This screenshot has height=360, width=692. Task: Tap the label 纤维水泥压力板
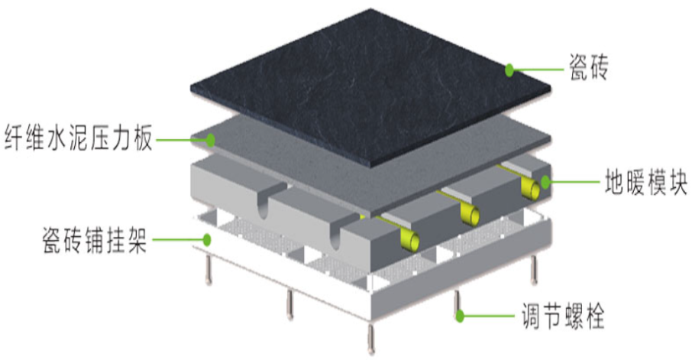[x=79, y=138]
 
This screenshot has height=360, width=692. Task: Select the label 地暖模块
[x=645, y=182]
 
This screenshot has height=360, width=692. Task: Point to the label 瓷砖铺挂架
[x=95, y=240]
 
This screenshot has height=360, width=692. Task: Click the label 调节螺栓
[x=562, y=316]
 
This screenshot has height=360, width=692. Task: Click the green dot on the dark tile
[x=509, y=70]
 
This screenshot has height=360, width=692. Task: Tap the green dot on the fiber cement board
[x=211, y=140]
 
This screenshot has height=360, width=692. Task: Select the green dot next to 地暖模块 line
[x=545, y=182]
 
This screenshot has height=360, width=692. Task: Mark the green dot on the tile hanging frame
[x=206, y=240]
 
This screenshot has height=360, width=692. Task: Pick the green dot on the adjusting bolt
[x=460, y=316]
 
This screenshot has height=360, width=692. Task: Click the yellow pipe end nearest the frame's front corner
[x=410, y=241]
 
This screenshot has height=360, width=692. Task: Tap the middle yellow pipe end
[x=470, y=214]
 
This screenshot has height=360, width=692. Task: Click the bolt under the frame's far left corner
[x=209, y=271]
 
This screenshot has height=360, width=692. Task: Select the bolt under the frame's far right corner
[x=534, y=270]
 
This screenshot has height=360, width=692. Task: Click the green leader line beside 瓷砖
[x=539, y=70]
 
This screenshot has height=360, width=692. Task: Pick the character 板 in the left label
[x=142, y=138]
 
